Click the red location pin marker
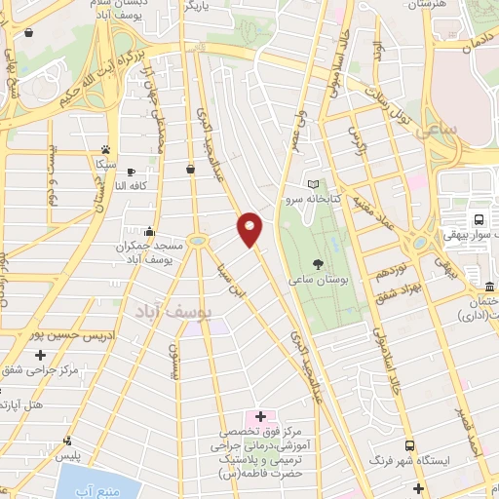click(x=250, y=229)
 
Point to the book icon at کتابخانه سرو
click(x=313, y=183)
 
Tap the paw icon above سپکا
click(x=103, y=150)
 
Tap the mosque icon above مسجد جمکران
click(x=148, y=232)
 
